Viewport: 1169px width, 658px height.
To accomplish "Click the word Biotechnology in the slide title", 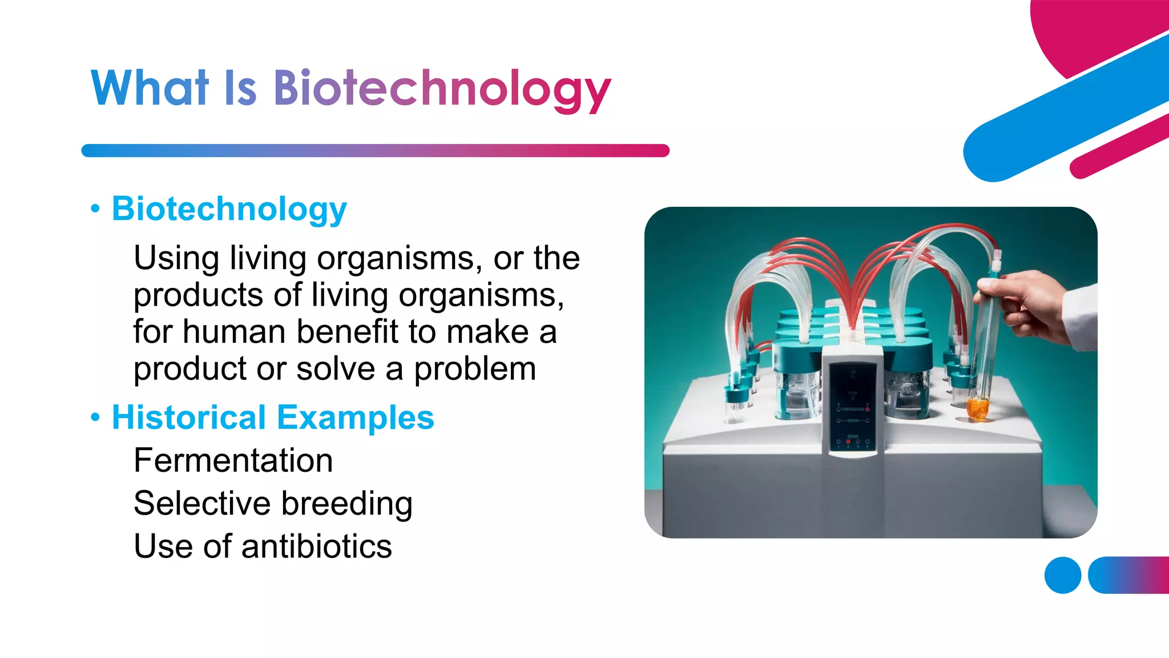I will click(x=442, y=89).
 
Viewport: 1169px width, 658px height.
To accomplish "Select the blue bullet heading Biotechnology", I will click(x=229, y=208).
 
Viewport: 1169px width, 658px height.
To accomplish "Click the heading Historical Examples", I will click(x=273, y=417).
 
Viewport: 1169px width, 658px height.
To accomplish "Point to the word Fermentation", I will click(x=233, y=460).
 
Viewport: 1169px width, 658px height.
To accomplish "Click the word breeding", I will click(x=347, y=504).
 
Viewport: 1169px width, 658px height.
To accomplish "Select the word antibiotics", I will click(x=317, y=546).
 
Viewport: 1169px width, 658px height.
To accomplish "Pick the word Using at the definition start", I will click(x=176, y=258).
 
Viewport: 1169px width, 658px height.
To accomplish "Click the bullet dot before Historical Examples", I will click(x=95, y=418).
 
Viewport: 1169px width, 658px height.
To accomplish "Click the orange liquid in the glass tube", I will click(x=977, y=410).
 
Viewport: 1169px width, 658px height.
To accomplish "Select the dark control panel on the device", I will click(x=853, y=406).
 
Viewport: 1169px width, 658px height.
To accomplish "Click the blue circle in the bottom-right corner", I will click(x=1062, y=575).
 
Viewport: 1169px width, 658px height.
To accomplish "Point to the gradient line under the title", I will click(x=375, y=151).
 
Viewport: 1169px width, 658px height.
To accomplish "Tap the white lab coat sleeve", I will click(x=1082, y=317).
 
